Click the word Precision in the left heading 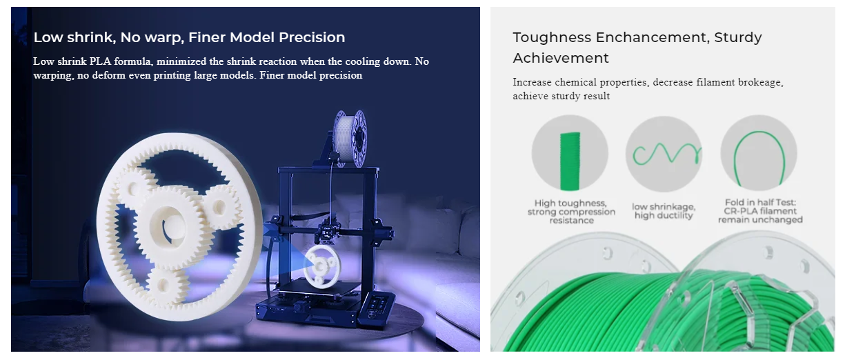click(312, 37)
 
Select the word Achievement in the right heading click(561, 58)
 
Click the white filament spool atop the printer click(350, 139)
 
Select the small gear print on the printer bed click(321, 266)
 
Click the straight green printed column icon click(570, 161)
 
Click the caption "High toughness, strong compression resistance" click(571, 212)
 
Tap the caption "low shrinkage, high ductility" click(664, 211)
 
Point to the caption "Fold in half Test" click(760, 203)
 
